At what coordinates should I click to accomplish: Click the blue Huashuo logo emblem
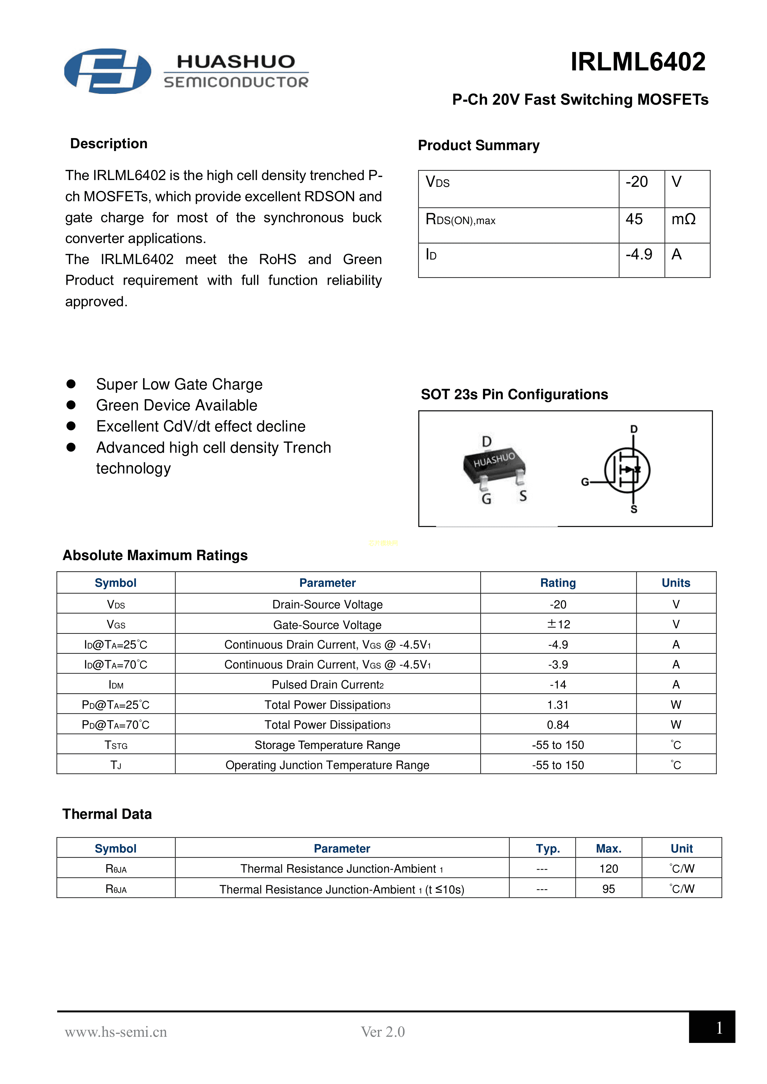tap(108, 71)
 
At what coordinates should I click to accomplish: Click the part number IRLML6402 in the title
tap(638, 62)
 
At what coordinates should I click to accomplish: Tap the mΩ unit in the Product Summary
tap(683, 219)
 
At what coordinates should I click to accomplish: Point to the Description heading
tap(109, 144)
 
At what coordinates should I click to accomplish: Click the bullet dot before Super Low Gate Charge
tap(71, 384)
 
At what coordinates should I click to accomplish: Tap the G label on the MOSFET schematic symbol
tap(585, 482)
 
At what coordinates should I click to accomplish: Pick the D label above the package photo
tap(486, 441)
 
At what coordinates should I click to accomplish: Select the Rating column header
tap(558, 582)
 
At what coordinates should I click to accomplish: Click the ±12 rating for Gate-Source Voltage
tap(558, 624)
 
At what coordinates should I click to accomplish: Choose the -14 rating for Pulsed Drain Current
tap(558, 685)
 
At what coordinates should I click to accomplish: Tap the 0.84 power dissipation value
tap(558, 725)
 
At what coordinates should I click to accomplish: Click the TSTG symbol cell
tap(116, 745)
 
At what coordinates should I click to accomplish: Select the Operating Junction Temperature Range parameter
tap(327, 765)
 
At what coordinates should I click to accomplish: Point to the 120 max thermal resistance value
tap(608, 869)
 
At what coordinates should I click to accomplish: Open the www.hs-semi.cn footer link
tap(116, 1031)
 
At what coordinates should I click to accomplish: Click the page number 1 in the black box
tap(719, 1028)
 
